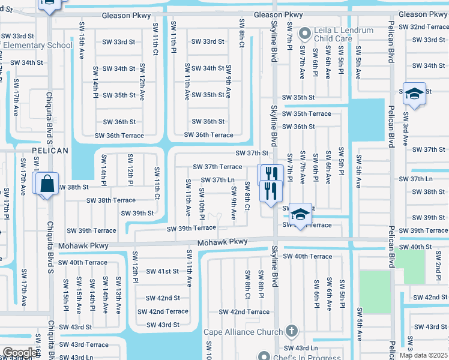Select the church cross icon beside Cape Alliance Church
click(291, 331)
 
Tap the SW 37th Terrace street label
click(217, 167)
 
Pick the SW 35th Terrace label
click(306, 113)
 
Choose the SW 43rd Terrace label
click(84, 344)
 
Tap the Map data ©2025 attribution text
click(423, 355)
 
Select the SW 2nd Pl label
click(439, 269)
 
